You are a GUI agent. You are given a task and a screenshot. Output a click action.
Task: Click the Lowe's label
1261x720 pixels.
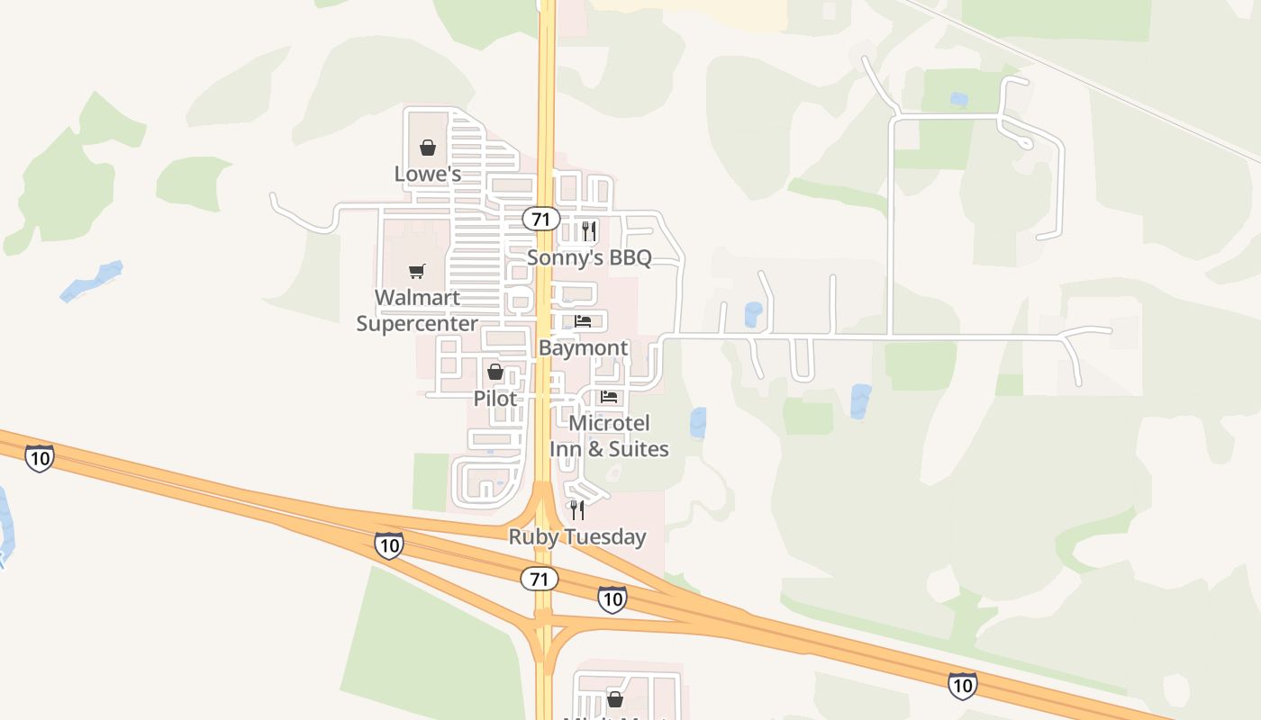[428, 174]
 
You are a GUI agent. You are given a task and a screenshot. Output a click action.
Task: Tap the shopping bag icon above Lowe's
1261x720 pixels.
[428, 147]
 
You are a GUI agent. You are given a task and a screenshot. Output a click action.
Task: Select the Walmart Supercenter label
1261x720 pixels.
[417, 310]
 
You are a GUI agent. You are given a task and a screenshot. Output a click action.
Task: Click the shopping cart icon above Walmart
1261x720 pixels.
[416, 271]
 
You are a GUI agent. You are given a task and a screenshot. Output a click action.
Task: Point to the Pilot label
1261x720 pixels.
[495, 398]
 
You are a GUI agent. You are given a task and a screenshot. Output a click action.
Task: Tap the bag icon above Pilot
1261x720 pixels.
[494, 371]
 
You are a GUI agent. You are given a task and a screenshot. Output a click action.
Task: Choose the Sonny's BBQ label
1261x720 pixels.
[589, 257]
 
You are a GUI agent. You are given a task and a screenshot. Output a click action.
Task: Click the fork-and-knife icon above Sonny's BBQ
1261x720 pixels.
[589, 231]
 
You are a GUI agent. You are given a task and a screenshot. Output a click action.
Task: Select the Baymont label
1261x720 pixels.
[584, 347]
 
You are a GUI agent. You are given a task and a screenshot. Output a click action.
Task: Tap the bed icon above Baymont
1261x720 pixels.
[583, 321]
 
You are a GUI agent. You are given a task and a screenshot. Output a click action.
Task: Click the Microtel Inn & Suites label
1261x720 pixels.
[610, 436]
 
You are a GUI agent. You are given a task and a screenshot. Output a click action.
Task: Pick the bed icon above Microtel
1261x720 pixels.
[610, 397]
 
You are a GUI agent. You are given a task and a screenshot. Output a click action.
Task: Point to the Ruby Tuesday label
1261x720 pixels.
[577, 536]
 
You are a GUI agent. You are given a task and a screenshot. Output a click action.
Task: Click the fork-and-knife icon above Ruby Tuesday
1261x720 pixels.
[577, 510]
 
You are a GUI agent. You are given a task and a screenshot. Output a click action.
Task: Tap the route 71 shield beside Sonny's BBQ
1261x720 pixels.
[540, 219]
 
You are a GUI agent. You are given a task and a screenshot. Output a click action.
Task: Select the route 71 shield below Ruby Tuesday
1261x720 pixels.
[539, 578]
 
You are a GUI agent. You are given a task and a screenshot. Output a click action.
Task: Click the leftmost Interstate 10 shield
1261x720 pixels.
[39, 458]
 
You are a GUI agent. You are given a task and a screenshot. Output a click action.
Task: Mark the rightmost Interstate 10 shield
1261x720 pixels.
[962, 685]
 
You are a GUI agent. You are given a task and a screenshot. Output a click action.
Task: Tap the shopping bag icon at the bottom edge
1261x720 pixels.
[615, 699]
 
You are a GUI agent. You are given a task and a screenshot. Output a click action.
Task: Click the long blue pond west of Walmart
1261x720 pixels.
[91, 281]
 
